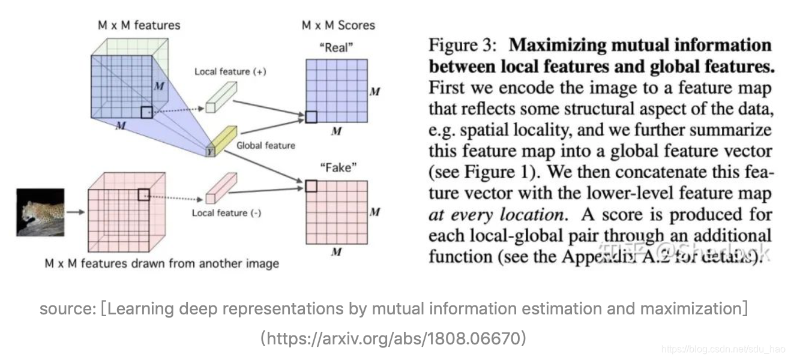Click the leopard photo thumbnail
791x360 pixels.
[40, 212]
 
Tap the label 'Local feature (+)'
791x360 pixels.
[230, 71]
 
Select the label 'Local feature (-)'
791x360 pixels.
[226, 213]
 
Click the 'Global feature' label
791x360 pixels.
[265, 145]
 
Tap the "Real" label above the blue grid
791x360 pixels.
[335, 47]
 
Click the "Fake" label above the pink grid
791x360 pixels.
[335, 167]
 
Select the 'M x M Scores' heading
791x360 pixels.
[338, 25]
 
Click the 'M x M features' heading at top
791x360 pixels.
[139, 25]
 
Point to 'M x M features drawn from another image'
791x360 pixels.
[162, 263]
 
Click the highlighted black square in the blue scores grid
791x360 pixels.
[311, 117]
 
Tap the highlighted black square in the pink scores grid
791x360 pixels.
[311, 186]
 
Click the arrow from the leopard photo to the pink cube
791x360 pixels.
[75, 212]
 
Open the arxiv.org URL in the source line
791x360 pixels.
[393, 338]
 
